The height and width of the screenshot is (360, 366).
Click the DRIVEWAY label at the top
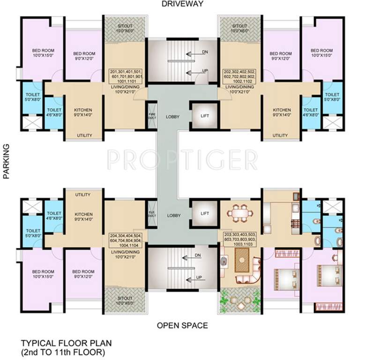click(x=183, y=5)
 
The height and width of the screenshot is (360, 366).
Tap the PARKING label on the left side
click(x=7, y=162)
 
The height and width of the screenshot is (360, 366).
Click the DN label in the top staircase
click(x=205, y=52)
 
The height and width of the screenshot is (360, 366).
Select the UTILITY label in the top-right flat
click(x=280, y=135)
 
